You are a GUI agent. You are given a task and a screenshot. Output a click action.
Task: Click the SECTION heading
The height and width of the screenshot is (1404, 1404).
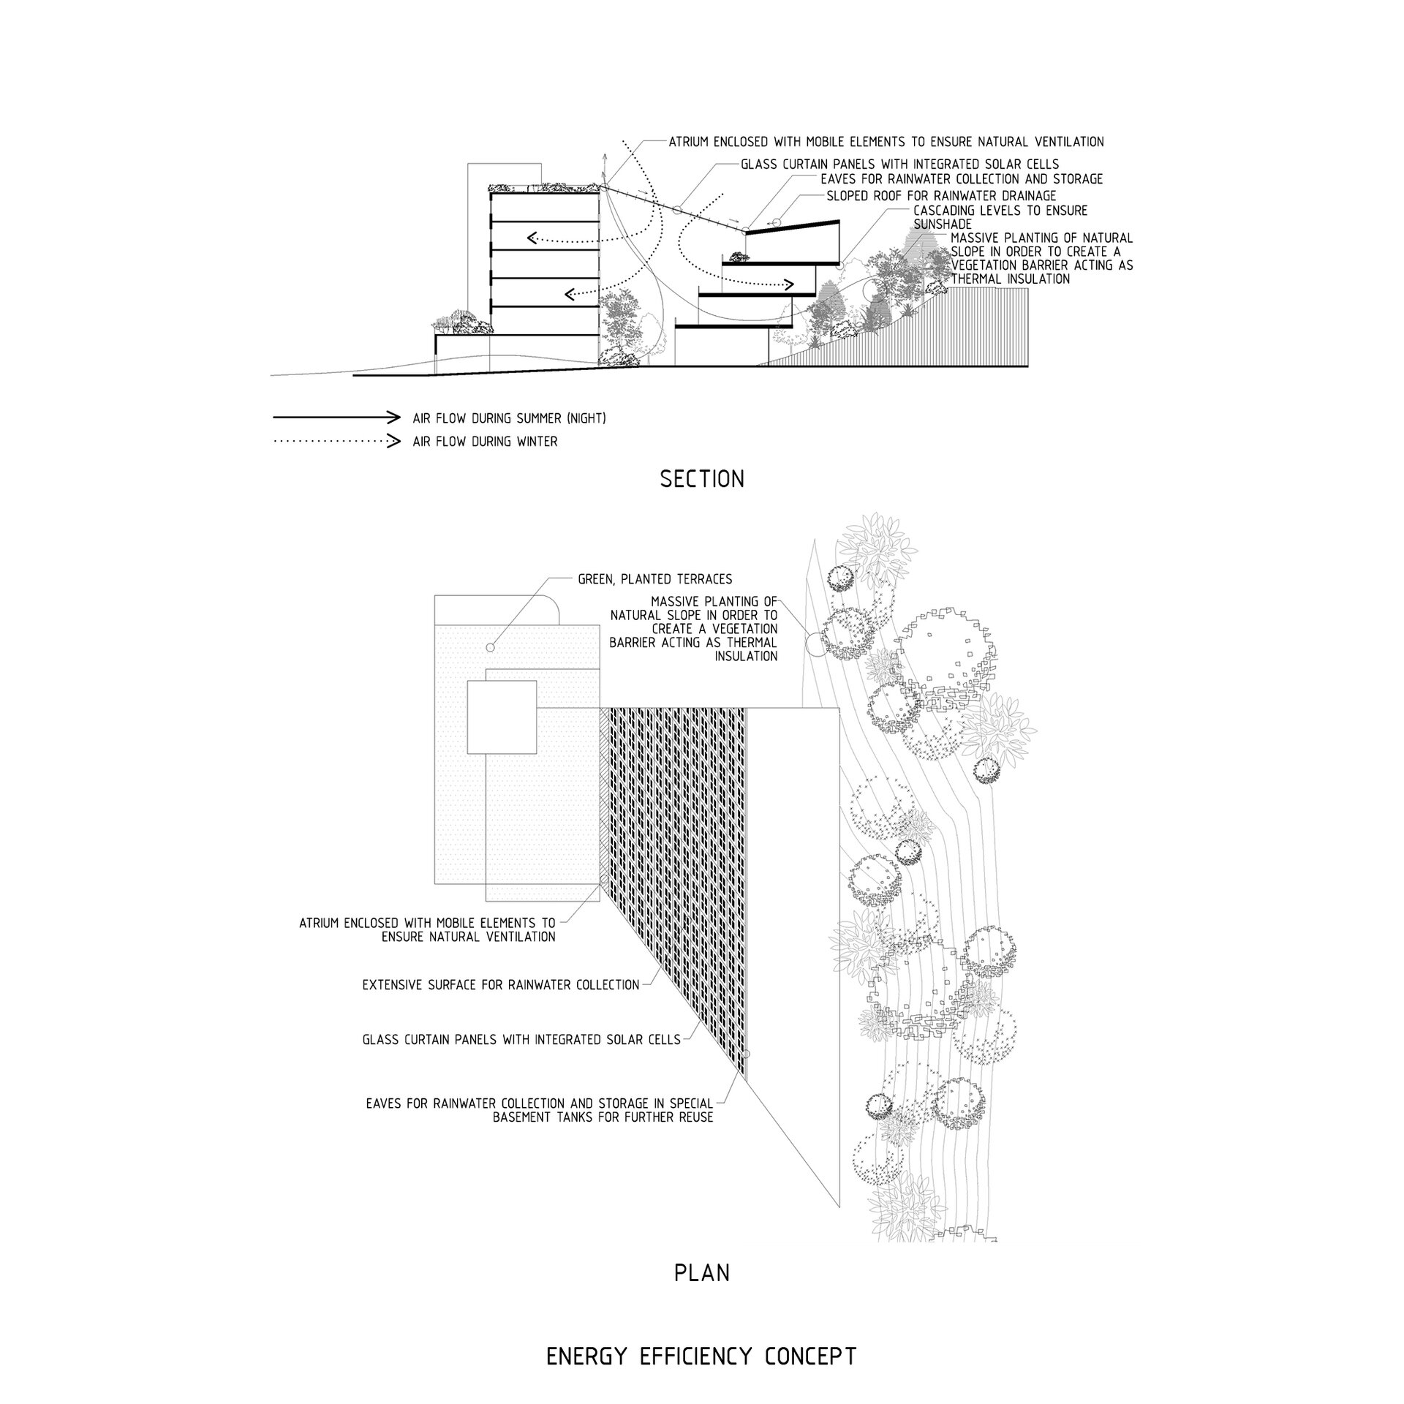[x=702, y=479]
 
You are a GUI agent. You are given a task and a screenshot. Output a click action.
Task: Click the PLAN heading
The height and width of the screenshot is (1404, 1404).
[x=702, y=1273]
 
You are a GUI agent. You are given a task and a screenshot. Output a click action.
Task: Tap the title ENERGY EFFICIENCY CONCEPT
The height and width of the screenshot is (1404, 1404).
[x=702, y=1337]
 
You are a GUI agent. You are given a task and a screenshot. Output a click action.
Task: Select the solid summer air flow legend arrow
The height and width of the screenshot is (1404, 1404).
[x=337, y=418]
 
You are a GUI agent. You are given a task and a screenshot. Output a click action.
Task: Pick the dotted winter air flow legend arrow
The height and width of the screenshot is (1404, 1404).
[x=337, y=441]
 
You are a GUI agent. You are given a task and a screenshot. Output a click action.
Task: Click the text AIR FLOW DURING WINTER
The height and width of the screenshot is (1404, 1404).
[x=485, y=442]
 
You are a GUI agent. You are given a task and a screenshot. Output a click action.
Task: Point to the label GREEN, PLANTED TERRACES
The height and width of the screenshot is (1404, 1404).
[x=654, y=579]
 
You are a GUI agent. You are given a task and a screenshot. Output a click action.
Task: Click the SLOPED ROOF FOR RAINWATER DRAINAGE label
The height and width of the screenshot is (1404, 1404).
[x=941, y=196]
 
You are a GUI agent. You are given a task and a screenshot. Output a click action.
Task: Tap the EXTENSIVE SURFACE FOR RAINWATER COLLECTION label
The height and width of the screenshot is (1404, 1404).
[x=501, y=985]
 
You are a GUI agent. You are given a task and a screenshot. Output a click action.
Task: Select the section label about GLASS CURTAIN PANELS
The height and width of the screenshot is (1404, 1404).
[x=899, y=165]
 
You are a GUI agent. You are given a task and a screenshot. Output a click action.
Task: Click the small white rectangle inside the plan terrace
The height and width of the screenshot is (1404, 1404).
[x=502, y=717]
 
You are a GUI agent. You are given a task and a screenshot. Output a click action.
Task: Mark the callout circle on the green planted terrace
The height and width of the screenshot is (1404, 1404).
[x=490, y=647]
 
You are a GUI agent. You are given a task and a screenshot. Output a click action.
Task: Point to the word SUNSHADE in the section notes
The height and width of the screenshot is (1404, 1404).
[x=943, y=224]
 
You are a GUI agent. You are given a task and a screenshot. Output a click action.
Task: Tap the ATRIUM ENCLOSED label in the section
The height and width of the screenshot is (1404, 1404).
[x=886, y=142]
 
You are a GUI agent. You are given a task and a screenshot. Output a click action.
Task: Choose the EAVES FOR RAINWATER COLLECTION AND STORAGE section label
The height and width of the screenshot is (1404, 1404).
[x=962, y=179]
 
